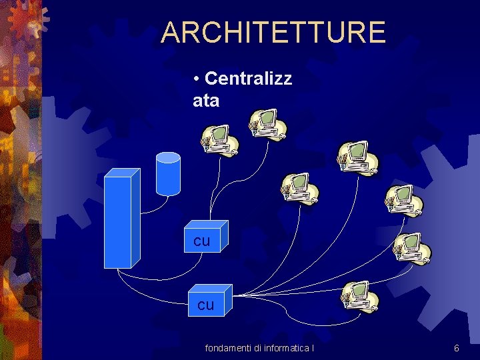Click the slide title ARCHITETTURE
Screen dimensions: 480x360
(273, 32)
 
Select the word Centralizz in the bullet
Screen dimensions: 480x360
(248, 79)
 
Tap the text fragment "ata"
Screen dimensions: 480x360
(206, 101)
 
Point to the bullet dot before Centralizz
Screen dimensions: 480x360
(197, 79)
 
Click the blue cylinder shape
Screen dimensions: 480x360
(168, 175)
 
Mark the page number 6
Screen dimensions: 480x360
(456, 348)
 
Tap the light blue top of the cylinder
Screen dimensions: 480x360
(168, 158)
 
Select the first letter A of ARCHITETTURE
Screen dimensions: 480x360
(171, 32)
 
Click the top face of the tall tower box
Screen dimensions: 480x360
(123, 173)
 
